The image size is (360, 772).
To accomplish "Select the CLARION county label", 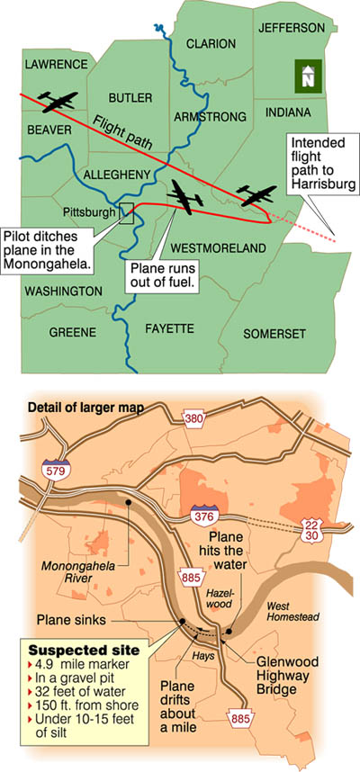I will [x=211, y=43].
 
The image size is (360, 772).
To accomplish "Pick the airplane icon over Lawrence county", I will [x=57, y=101].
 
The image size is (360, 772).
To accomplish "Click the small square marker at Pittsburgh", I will [x=127, y=212].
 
